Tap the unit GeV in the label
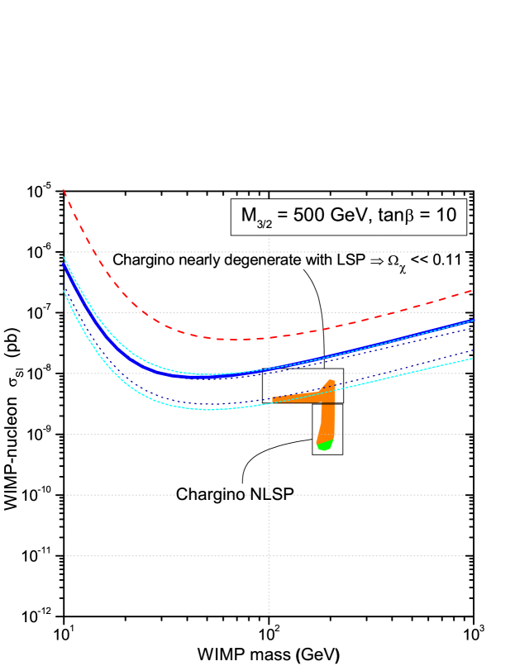pyautogui.click(x=348, y=216)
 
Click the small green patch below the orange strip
pyautogui.click(x=324, y=445)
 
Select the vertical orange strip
pyautogui.click(x=327, y=421)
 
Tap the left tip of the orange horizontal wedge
pyautogui.click(x=273, y=400)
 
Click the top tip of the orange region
pyautogui.click(x=331, y=382)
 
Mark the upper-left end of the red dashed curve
pyautogui.click(x=64, y=191)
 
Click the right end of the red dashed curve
pyautogui.click(x=470, y=291)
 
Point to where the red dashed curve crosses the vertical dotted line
pyautogui.click(x=269, y=338)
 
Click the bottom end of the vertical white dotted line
pyautogui.click(x=269, y=612)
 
